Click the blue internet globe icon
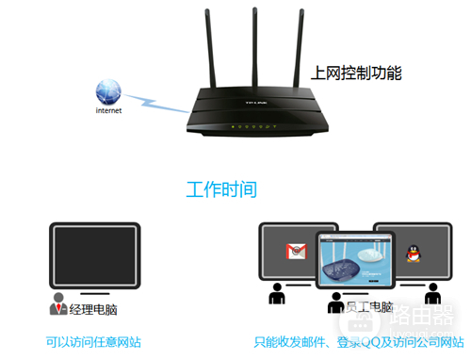(108, 91)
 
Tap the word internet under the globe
(109, 110)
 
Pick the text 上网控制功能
(356, 72)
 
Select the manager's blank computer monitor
(94, 254)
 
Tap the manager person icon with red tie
(59, 306)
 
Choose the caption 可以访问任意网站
(94, 341)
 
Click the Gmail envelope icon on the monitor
(297, 252)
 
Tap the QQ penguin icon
(412, 252)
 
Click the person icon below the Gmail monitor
(278, 294)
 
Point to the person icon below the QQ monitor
(432, 294)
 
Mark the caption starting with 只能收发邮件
(358, 341)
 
